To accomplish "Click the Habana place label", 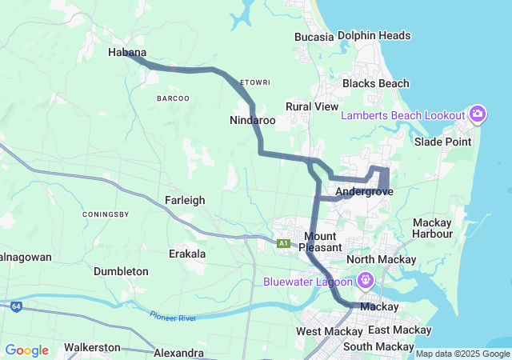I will [x=126, y=53].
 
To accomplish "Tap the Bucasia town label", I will [x=314, y=37].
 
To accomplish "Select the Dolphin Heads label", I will [x=374, y=35].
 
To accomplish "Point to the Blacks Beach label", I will [x=375, y=83].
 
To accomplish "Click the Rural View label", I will [x=312, y=106].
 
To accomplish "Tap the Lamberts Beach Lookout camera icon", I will [x=478, y=114].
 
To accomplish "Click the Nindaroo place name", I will [x=252, y=120].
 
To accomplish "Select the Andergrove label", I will [x=364, y=192].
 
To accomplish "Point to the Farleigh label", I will [x=185, y=200].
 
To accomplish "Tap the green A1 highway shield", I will [x=283, y=243].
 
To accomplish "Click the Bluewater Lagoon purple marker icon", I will [x=365, y=281].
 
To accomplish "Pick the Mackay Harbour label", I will [x=433, y=228].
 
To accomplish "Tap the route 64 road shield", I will [x=16, y=306].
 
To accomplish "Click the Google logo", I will [x=26, y=350].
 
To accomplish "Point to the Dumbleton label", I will [x=121, y=271].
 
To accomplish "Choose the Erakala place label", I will [x=187, y=254].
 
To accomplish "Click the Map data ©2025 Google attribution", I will [x=462, y=354].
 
